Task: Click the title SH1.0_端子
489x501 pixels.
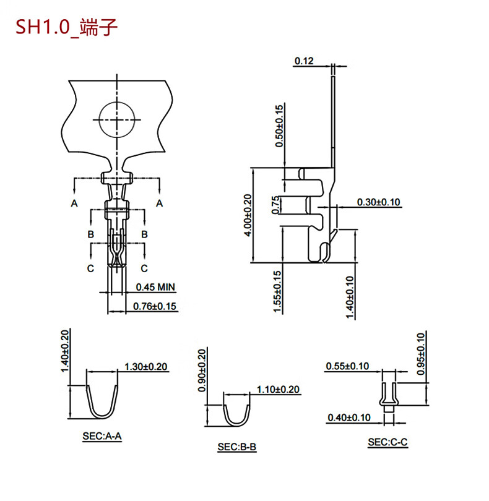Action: point(63,28)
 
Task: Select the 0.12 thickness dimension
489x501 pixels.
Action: point(305,61)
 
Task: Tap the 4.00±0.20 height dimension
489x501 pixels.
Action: point(247,216)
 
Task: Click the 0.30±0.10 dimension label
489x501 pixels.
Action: point(379,202)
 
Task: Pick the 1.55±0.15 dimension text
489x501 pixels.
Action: point(278,291)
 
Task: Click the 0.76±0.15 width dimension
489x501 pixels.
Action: point(155,306)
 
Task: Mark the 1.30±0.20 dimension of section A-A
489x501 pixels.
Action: point(146,366)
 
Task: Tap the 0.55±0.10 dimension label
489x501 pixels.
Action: point(347,366)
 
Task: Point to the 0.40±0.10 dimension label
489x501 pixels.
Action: point(348,417)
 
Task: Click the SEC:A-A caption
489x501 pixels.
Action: point(102,437)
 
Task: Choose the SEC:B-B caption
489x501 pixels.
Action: point(236,446)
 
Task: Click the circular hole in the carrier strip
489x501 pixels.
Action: point(116,118)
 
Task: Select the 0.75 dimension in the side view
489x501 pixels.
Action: point(276,205)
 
